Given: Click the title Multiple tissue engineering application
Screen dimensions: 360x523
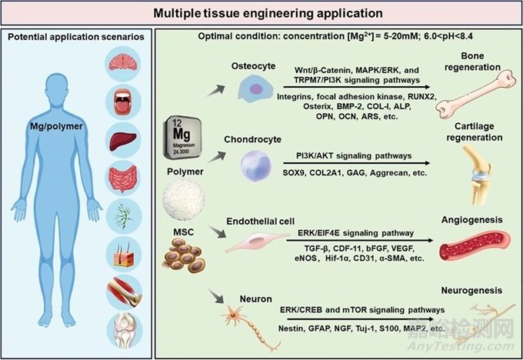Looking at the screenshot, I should pyautogui.click(x=261, y=14).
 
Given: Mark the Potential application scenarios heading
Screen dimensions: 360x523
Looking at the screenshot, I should pyautogui.click(x=78, y=38).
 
